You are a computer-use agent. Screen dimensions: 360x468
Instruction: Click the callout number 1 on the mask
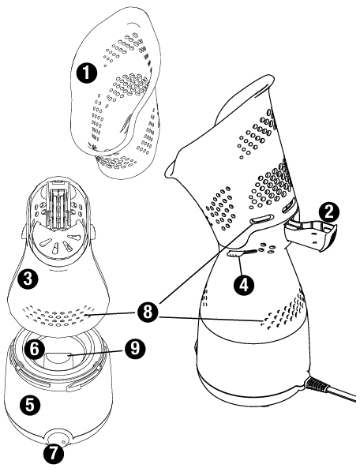click(x=86, y=73)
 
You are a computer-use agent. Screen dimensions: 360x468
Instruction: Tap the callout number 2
click(x=328, y=212)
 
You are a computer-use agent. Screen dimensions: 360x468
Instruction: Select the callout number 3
click(x=28, y=279)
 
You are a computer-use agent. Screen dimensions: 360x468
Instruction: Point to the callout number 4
click(x=244, y=286)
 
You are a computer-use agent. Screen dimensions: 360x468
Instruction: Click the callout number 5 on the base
click(x=30, y=405)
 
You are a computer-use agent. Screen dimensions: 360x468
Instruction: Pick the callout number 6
click(x=35, y=348)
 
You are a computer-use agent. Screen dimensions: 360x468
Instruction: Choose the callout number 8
click(x=148, y=313)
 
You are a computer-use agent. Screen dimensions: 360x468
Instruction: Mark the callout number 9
click(x=135, y=348)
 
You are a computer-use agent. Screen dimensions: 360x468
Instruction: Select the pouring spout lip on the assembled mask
click(x=170, y=170)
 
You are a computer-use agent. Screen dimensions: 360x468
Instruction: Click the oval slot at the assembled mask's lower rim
click(x=262, y=219)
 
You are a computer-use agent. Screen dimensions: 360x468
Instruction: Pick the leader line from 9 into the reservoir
click(x=97, y=351)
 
